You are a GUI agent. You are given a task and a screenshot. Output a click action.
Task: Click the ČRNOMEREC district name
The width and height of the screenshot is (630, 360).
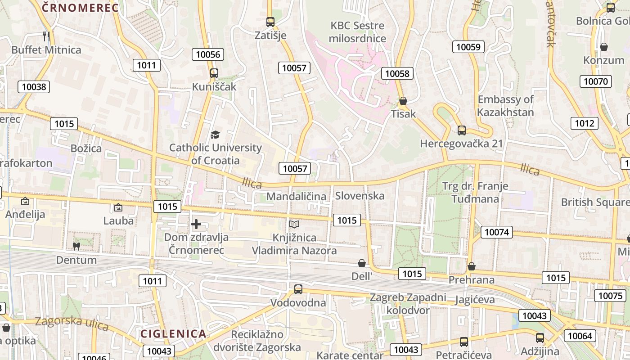[80, 8]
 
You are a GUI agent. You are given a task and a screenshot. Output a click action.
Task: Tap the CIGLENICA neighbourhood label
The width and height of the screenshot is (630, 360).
[173, 333]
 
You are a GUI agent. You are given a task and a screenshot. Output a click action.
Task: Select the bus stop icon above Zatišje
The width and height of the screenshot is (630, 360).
[270, 22]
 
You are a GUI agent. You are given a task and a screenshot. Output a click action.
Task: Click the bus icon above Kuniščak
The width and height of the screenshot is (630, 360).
[214, 73]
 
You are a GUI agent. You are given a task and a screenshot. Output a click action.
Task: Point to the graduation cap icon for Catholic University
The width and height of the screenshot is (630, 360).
[215, 134]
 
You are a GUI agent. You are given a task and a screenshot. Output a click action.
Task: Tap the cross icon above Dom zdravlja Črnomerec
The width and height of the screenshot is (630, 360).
[196, 224]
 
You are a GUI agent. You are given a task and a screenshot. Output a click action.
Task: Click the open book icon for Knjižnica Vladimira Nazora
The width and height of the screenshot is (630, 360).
[294, 224]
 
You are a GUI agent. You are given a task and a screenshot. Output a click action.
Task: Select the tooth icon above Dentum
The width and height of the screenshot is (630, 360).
[76, 246]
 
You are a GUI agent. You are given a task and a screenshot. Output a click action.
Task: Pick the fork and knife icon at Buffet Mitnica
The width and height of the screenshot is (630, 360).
[46, 36]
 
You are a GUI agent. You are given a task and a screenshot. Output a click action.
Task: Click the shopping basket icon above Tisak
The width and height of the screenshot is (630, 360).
[403, 101]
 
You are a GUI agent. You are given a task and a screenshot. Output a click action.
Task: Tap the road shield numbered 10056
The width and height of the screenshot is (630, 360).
[208, 54]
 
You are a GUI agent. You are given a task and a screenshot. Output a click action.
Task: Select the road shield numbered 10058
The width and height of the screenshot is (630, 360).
[397, 73]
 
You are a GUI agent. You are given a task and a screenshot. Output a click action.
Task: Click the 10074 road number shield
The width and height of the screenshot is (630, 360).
[497, 232]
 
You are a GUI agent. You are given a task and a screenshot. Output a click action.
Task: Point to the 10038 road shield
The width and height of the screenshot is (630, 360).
[34, 87]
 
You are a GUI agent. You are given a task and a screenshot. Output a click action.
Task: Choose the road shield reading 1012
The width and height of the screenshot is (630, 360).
[585, 123]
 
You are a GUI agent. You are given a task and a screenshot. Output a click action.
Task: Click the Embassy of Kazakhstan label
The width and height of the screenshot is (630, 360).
[505, 106]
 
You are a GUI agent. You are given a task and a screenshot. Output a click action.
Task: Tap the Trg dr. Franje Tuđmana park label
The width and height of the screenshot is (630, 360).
[475, 192]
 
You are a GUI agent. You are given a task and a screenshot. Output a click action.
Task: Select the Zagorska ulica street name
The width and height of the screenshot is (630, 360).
[72, 323]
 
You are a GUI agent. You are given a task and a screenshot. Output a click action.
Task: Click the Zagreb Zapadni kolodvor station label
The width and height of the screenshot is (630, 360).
[408, 304]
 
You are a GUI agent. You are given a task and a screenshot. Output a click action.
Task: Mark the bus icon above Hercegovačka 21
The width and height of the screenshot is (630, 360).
[462, 130]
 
